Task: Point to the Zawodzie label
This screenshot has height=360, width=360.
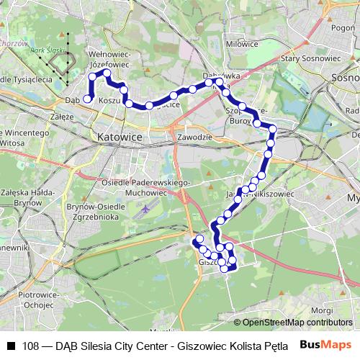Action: (x=194, y=137)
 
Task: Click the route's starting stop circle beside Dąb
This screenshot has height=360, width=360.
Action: (x=88, y=99)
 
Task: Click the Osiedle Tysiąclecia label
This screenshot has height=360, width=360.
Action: (x=26, y=78)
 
